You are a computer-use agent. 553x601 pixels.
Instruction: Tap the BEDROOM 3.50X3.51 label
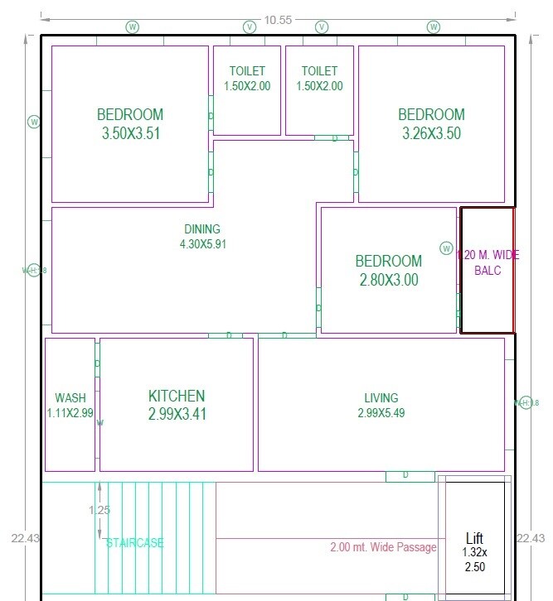(130, 124)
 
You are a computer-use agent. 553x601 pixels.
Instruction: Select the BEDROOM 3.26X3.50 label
(431, 124)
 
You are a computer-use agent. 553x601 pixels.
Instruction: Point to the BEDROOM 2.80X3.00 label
(389, 271)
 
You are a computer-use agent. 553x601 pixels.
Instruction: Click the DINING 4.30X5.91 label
(202, 237)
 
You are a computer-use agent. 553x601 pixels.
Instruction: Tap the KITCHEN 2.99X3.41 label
(177, 405)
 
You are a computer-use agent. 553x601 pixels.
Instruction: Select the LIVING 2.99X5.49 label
(381, 405)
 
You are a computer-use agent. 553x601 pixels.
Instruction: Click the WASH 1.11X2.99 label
(70, 405)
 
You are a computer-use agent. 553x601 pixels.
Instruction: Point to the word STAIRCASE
(135, 543)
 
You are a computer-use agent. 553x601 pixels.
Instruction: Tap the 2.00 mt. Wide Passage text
(383, 547)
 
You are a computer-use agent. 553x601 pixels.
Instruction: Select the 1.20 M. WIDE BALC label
(488, 262)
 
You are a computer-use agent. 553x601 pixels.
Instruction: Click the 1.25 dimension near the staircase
(99, 510)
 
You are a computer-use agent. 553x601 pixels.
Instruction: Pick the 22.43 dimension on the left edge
(23, 538)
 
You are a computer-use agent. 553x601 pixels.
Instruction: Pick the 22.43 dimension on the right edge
(531, 538)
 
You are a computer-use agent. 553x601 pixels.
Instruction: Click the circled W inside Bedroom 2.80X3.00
(446, 248)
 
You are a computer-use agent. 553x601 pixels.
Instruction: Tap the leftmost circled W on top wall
(133, 27)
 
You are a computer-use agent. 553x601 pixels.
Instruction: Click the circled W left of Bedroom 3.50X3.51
(34, 122)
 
